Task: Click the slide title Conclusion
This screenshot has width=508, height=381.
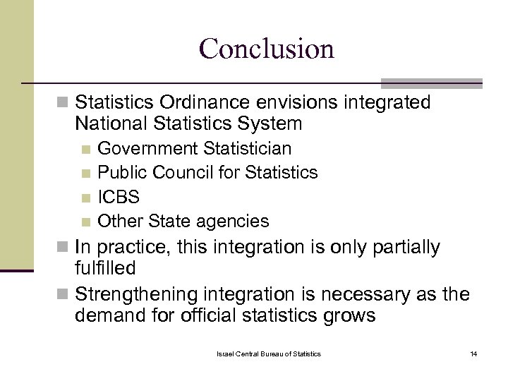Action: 266,49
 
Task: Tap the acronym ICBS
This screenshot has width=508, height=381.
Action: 119,197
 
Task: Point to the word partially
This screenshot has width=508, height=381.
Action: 402,248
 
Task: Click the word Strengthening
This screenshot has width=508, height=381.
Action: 135,294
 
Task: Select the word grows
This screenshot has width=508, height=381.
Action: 350,315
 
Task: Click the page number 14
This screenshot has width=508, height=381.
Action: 473,353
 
